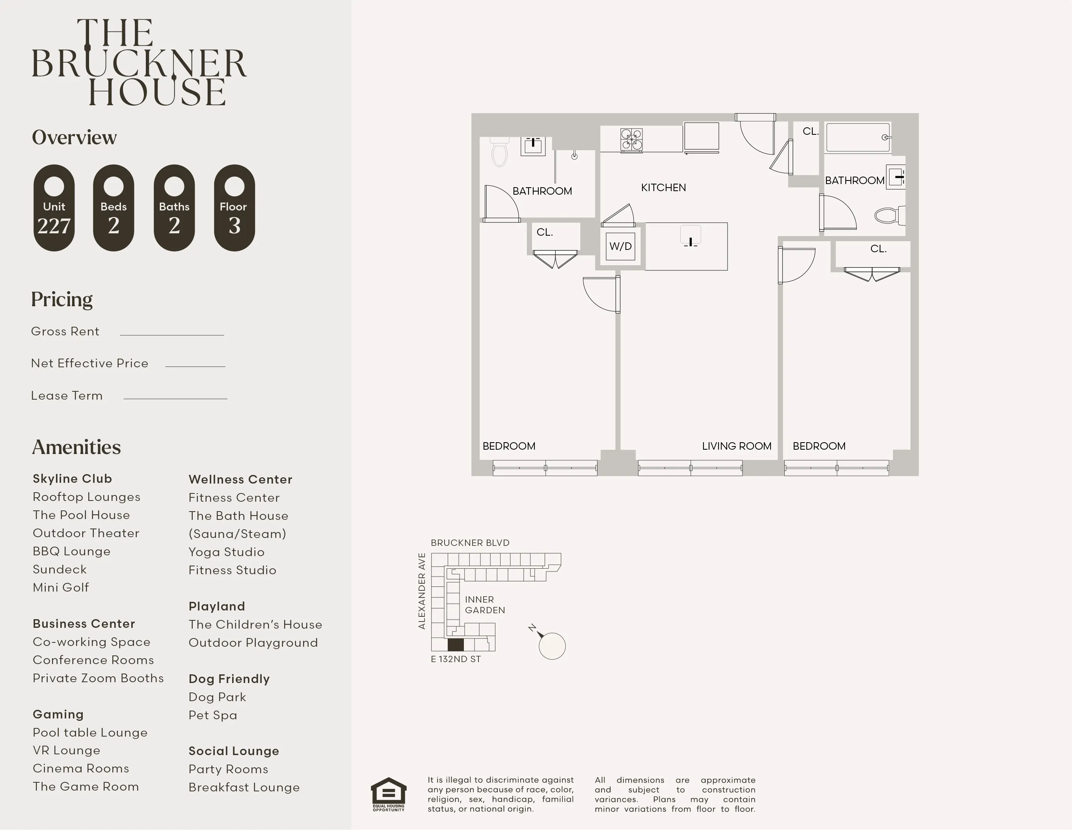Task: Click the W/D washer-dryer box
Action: coord(620,246)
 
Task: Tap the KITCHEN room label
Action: coord(663,188)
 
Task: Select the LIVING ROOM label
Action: coord(736,446)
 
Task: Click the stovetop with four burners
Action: coord(631,140)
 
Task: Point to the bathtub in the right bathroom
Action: coord(858,138)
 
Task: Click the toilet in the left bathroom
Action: coord(500,153)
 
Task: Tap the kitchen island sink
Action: coord(690,235)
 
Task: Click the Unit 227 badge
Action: coord(54,208)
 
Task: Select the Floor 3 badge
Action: coord(234,208)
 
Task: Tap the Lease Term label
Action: coord(67,396)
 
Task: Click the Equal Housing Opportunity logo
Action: coord(388,794)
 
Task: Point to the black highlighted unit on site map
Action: coord(456,644)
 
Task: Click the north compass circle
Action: coord(552,646)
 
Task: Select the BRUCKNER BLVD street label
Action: coord(470,542)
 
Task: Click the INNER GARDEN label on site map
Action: coord(484,605)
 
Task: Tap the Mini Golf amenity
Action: coord(61,588)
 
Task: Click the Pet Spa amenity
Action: coord(212,715)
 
